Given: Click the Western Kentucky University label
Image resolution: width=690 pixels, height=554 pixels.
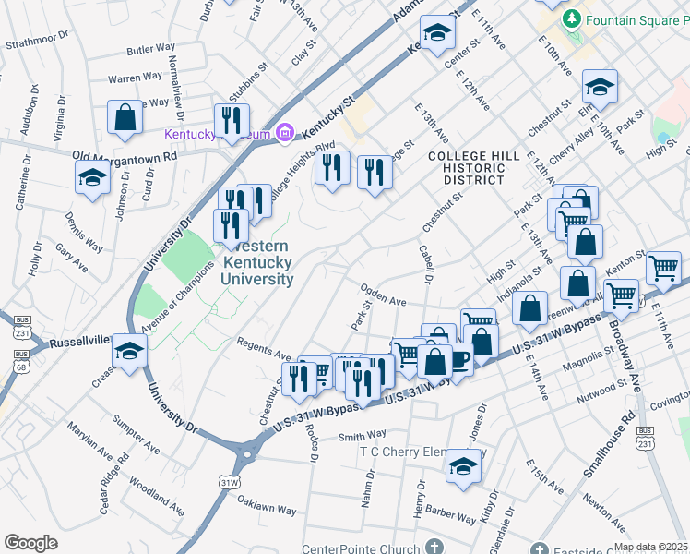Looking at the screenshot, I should pos(257,263).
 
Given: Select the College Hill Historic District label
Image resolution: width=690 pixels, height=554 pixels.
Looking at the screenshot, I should pos(466,168).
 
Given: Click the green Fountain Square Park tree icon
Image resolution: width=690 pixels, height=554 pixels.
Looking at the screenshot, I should pos(573,18).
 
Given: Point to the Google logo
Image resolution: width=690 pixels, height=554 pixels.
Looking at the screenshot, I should pos(30,543).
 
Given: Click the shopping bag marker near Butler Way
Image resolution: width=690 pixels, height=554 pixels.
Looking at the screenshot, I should pos(125,117).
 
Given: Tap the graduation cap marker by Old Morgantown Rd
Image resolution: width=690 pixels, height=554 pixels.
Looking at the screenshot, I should pos(93,177).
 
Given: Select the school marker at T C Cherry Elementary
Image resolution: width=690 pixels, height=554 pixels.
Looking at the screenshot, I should pos(463,466).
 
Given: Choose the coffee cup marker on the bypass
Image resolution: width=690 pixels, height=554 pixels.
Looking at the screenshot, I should pos(458,357).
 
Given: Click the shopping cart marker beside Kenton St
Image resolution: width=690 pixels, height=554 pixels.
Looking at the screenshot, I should pos(663,268).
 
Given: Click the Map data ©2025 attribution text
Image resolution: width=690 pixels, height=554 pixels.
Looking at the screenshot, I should pos(650,547).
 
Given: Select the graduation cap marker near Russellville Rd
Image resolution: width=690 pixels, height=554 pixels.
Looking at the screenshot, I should pos(130,351).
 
